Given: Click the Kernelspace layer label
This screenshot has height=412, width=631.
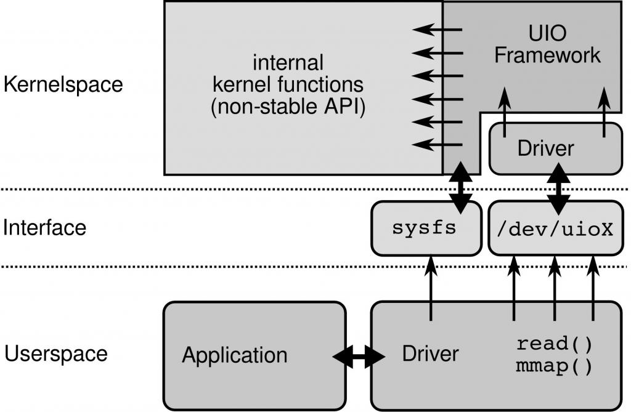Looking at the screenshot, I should (63, 84).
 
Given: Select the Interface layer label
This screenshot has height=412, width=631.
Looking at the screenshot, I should (45, 228).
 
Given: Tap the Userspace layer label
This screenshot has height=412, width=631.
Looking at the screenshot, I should (56, 354).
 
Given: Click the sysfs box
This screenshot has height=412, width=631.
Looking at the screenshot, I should (425, 228).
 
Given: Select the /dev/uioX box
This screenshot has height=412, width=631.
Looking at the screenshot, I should (555, 228).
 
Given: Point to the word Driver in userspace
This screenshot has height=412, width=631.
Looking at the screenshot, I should (430, 353).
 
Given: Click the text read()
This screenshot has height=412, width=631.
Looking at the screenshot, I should (554, 343).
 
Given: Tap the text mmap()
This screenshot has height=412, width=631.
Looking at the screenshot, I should (554, 366).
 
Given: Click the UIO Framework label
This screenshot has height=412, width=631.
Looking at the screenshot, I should (547, 45).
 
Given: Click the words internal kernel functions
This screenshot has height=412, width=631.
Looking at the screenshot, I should (287, 73).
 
